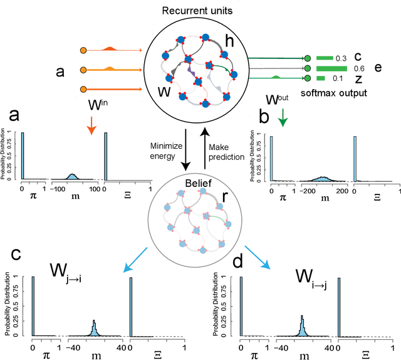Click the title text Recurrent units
click(199, 11)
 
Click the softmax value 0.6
click(359, 69)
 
